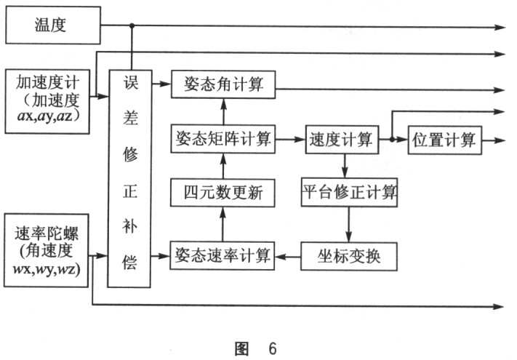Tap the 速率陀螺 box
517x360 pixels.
[x=48, y=249]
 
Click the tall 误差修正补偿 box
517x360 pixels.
[x=132, y=177]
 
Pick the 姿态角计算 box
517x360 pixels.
[x=224, y=84]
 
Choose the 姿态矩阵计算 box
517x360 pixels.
[x=224, y=139]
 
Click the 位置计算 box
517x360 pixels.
[x=444, y=139]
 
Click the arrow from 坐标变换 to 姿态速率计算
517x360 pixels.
[x=289, y=255]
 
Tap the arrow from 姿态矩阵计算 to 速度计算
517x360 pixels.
[x=291, y=139]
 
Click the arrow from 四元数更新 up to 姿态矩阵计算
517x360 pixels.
[x=224, y=166]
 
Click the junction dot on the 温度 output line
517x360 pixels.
[x=132, y=27]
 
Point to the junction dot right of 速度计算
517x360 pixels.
[x=392, y=139]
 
